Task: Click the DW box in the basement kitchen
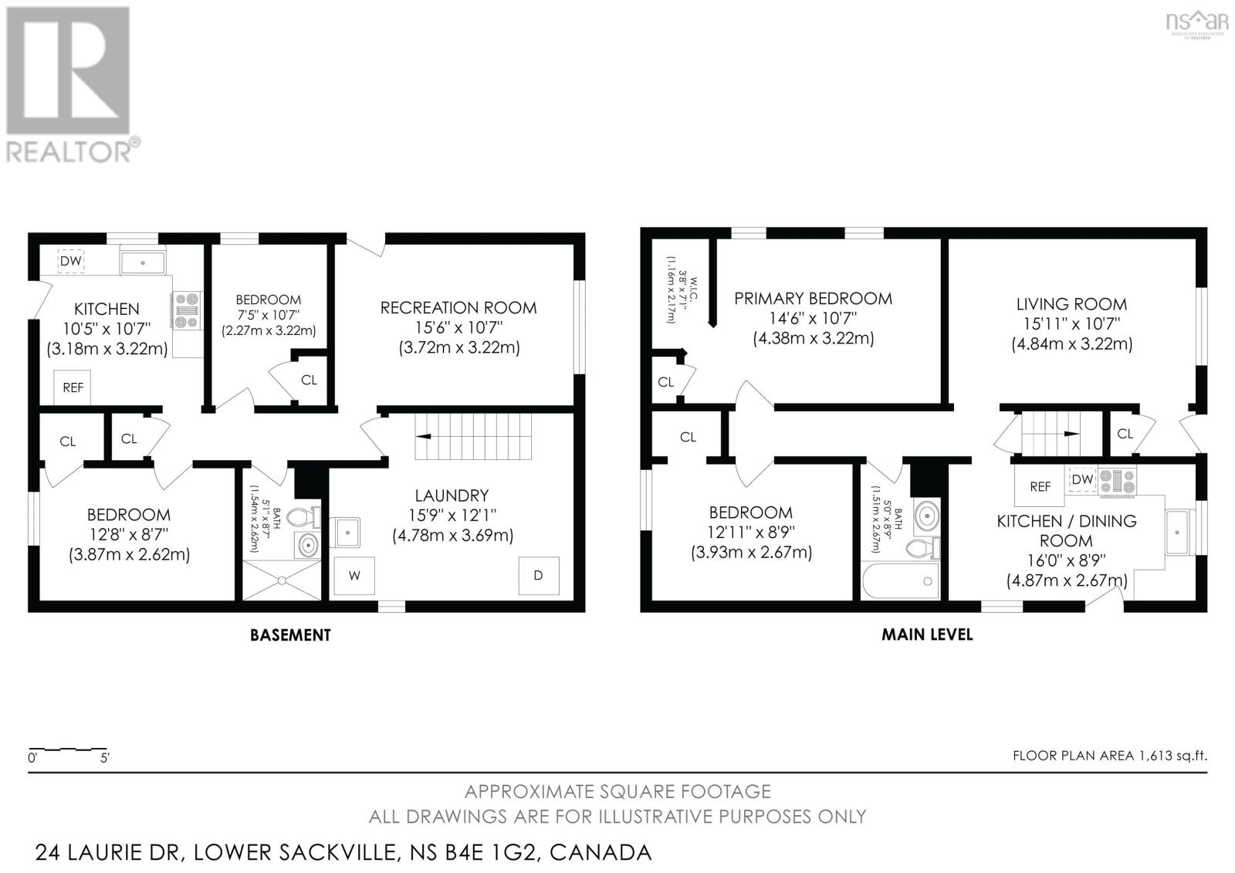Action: click(71, 261)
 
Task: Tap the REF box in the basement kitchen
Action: click(73, 387)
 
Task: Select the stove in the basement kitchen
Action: click(186, 311)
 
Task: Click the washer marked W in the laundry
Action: click(354, 576)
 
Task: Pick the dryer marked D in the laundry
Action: click(539, 576)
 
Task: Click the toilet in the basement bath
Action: click(311, 518)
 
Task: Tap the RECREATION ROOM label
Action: click(458, 307)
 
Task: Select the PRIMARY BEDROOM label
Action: click(813, 298)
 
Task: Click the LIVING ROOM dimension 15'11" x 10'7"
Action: click(1071, 324)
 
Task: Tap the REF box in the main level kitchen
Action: click(1040, 486)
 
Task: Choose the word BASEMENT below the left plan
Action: click(290, 635)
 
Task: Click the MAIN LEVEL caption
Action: click(927, 634)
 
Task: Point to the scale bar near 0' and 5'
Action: click(68, 749)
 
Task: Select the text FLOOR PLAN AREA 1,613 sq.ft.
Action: click(1109, 756)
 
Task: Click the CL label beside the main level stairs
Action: click(1125, 434)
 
